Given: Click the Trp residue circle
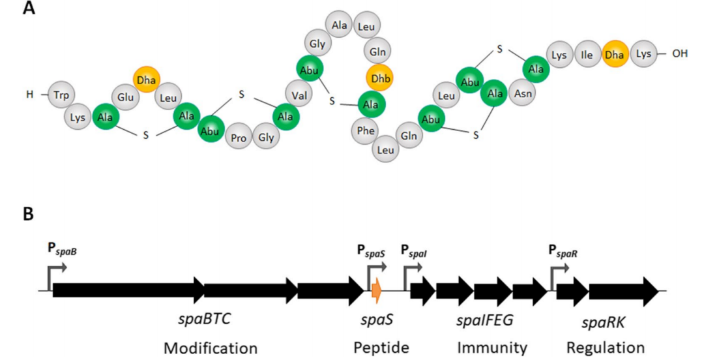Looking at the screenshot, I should click(x=61, y=95).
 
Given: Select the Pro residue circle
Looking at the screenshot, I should click(x=239, y=138).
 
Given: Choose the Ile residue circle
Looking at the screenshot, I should click(x=587, y=55).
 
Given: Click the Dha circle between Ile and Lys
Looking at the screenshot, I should click(x=615, y=55).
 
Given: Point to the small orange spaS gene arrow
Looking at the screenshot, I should click(x=376, y=290).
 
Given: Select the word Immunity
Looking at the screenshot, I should click(x=491, y=347).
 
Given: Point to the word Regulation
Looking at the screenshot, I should click(x=606, y=347).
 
